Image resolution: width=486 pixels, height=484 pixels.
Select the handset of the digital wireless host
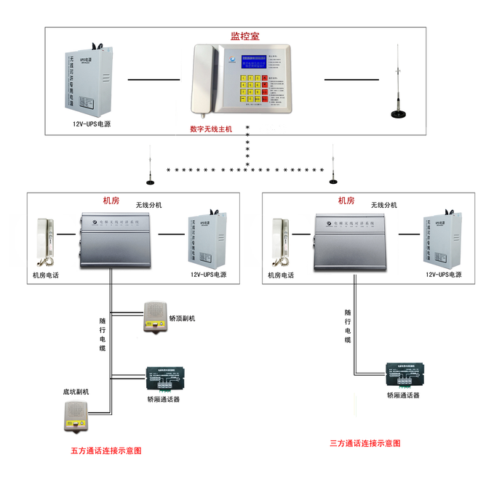203,79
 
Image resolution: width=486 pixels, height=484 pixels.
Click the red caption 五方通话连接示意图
106,451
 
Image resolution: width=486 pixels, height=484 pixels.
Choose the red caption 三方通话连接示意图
364,443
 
